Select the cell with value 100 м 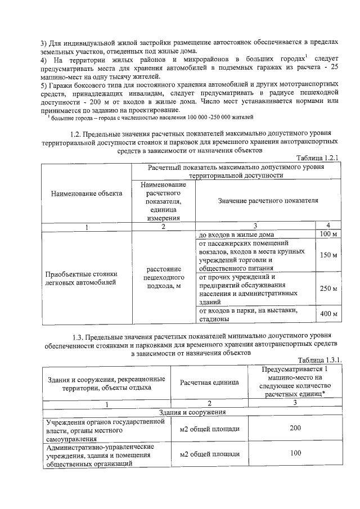click(x=327, y=234)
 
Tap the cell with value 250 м click(x=327, y=289)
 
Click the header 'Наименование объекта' click(x=87, y=193)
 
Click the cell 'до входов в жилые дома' click(x=236, y=235)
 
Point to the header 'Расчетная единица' click(x=209, y=382)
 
